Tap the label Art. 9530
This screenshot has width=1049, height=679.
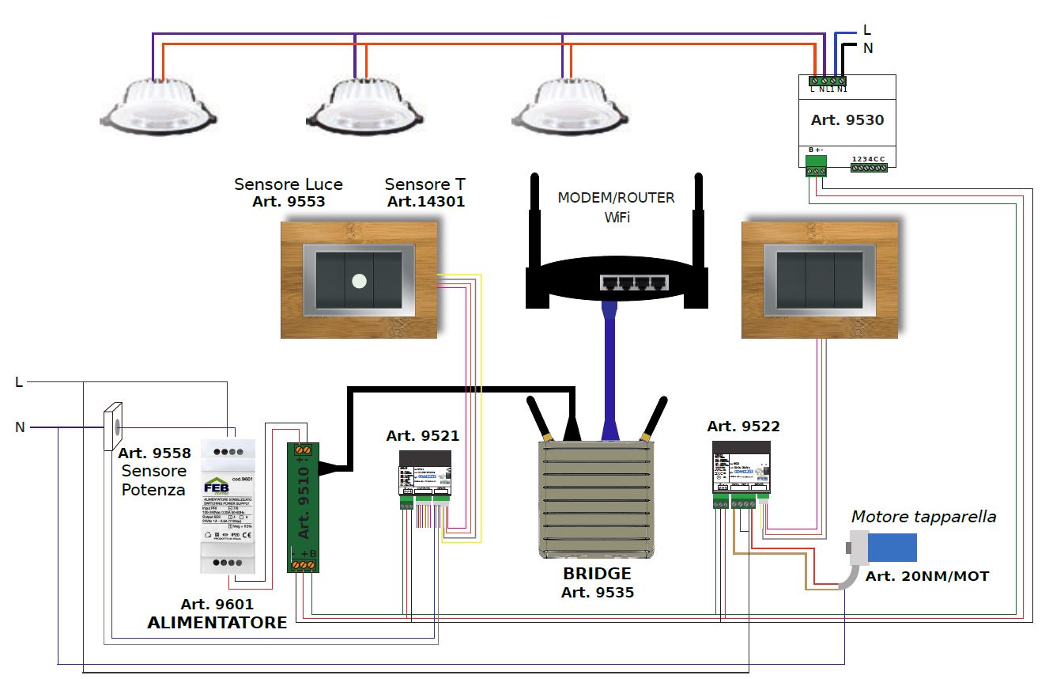[x=847, y=120]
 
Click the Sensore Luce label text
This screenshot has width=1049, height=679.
[x=289, y=184]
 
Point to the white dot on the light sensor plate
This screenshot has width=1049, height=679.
[x=359, y=279]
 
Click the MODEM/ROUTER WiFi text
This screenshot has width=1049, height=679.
[x=617, y=206]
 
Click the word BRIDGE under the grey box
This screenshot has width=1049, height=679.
[x=597, y=574]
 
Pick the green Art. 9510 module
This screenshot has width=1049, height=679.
[x=302, y=506]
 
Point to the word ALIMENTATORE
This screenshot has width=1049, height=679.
[x=217, y=623]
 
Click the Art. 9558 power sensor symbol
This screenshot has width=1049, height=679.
[x=114, y=427]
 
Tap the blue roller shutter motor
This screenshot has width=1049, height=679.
[x=891, y=547]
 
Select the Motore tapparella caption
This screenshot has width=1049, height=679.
[x=923, y=517]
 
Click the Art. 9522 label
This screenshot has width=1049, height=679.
[x=743, y=427]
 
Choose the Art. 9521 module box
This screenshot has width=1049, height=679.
[x=425, y=475]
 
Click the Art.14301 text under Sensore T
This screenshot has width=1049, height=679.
[x=426, y=202]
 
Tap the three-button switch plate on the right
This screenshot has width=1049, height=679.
[x=819, y=280]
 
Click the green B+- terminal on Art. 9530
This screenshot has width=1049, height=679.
[x=816, y=165]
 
